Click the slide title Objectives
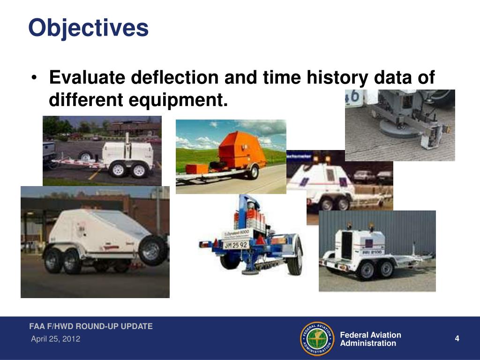pos(88,28)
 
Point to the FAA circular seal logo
pos(317,338)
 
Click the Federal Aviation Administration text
pos(370,339)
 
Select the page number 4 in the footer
pos(457,339)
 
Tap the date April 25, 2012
pos(55,339)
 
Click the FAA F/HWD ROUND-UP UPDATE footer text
pos(91,326)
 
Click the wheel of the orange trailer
pos(254,172)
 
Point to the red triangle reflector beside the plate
pos(261,240)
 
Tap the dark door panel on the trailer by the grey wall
pos(347,245)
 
